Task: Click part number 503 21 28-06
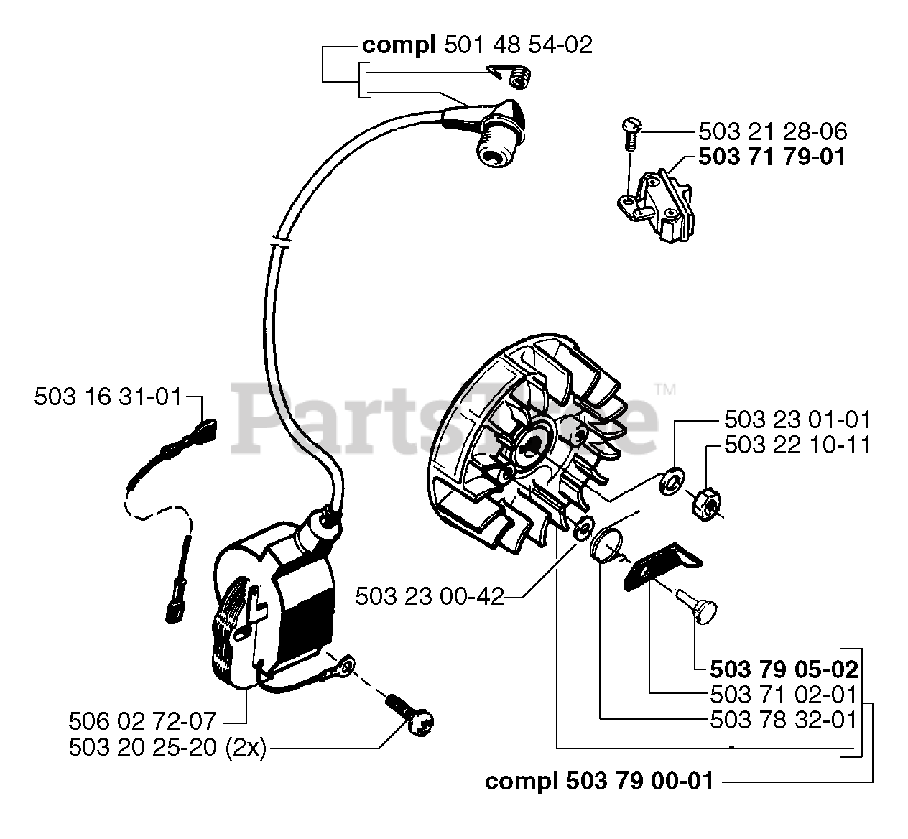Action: [x=772, y=131]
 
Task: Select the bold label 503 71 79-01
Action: [x=772, y=157]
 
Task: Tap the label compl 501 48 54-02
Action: [x=477, y=45]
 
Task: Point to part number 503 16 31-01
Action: [x=108, y=397]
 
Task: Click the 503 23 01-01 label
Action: [x=797, y=419]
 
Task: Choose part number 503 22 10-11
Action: [x=797, y=445]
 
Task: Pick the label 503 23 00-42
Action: [x=430, y=595]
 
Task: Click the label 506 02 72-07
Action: [x=143, y=720]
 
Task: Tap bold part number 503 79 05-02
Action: [x=784, y=669]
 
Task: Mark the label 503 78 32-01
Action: [x=784, y=719]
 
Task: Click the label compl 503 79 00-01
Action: [x=599, y=781]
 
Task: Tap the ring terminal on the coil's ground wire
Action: [x=344, y=669]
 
